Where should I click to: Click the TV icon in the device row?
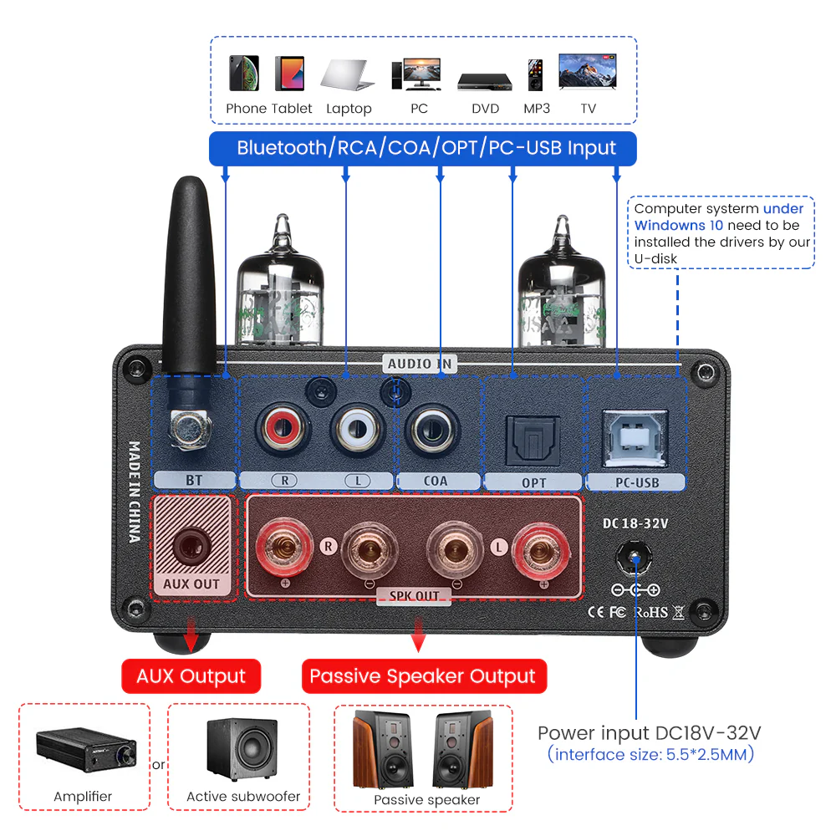(589, 73)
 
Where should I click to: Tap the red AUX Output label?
(191, 676)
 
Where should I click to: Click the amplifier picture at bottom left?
(84, 748)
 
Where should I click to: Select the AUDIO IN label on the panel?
(420, 364)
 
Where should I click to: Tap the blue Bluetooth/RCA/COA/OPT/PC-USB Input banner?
(426, 149)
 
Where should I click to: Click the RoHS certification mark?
(651, 612)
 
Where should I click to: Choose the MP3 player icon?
(536, 75)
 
